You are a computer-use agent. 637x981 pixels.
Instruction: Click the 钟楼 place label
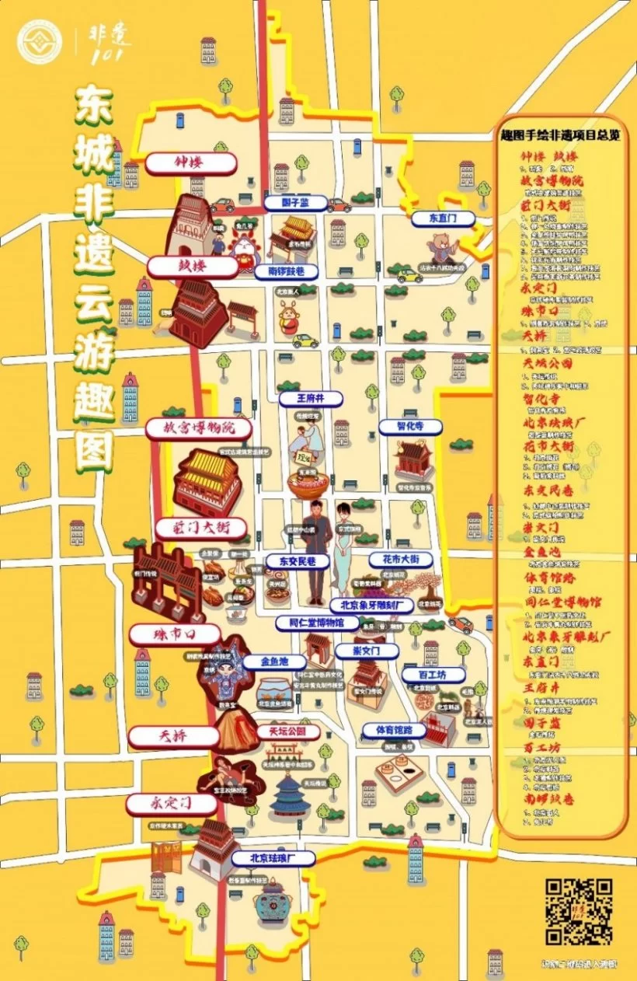point(190,163)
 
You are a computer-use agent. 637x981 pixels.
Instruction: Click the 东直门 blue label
point(442,219)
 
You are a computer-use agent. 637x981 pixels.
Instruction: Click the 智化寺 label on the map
point(410,427)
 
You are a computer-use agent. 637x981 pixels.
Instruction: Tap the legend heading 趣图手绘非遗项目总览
point(559,134)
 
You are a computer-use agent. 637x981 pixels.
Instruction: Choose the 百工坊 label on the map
point(433,675)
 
